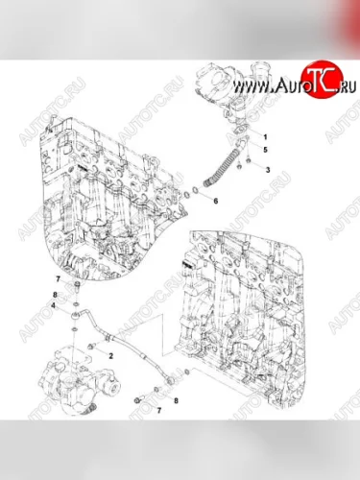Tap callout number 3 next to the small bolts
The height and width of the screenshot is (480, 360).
coord(267,170)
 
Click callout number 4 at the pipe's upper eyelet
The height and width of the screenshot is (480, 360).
coord(55,305)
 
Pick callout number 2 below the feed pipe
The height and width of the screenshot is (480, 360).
coord(112,355)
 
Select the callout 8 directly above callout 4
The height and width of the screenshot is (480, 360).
coord(55,293)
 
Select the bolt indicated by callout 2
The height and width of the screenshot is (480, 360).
coord(93,342)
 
